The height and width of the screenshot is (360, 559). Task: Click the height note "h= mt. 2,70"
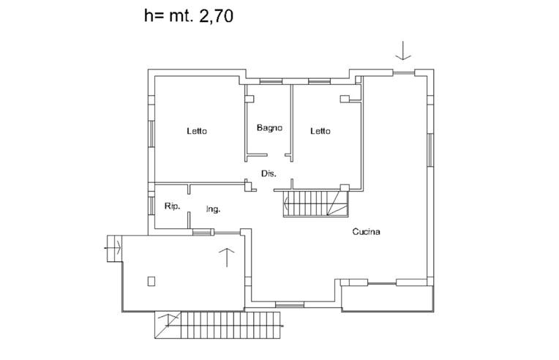coord(189,16)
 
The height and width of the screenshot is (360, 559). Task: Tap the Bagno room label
coord(269,128)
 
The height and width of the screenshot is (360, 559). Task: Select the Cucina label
coord(366,232)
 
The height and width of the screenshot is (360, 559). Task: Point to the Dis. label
coord(269,173)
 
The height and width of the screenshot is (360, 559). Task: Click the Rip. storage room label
coord(172,206)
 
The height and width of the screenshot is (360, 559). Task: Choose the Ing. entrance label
coord(213,209)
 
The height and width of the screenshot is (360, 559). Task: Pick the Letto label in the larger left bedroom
coord(196,132)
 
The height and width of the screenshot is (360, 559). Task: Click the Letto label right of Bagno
coord(320,132)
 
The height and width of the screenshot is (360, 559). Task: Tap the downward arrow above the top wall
coord(403,51)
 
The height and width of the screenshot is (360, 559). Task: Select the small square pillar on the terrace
coord(151,280)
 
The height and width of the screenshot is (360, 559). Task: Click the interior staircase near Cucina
coord(314,203)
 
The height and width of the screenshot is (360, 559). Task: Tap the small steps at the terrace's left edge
coord(114,245)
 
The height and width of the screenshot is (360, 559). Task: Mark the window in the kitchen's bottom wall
coord(289,304)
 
